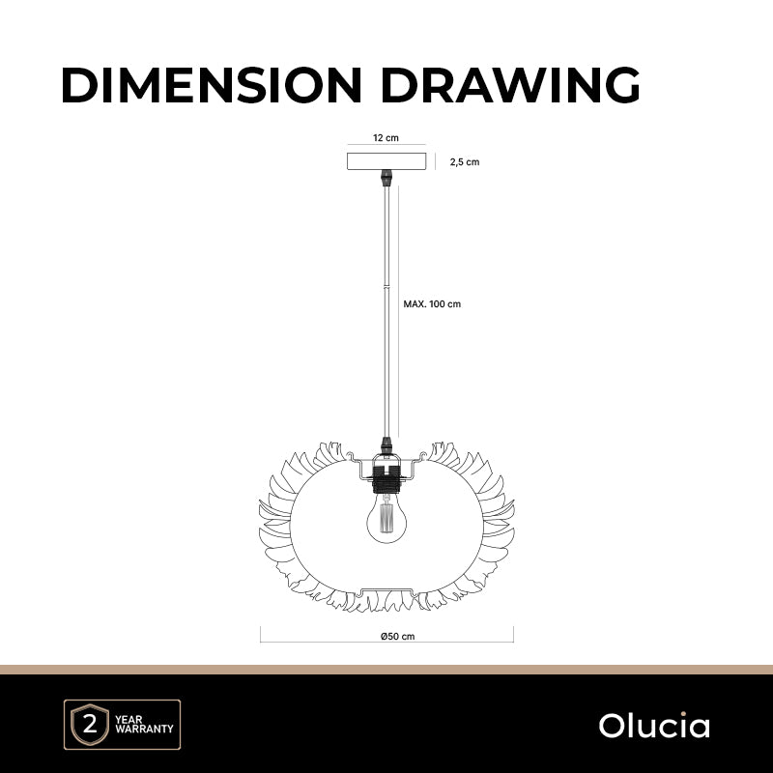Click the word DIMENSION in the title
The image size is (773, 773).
tap(212, 85)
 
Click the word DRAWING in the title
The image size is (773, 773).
tap(510, 85)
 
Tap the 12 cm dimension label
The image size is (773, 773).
tap(386, 138)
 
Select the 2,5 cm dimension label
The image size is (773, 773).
tap(465, 162)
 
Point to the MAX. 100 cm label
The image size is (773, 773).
tap(432, 304)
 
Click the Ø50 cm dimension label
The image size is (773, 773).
tap(397, 637)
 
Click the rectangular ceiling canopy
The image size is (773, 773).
tap(386, 161)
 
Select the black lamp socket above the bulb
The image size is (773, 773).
tap(386, 479)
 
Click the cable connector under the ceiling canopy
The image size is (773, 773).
tap(386, 178)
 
